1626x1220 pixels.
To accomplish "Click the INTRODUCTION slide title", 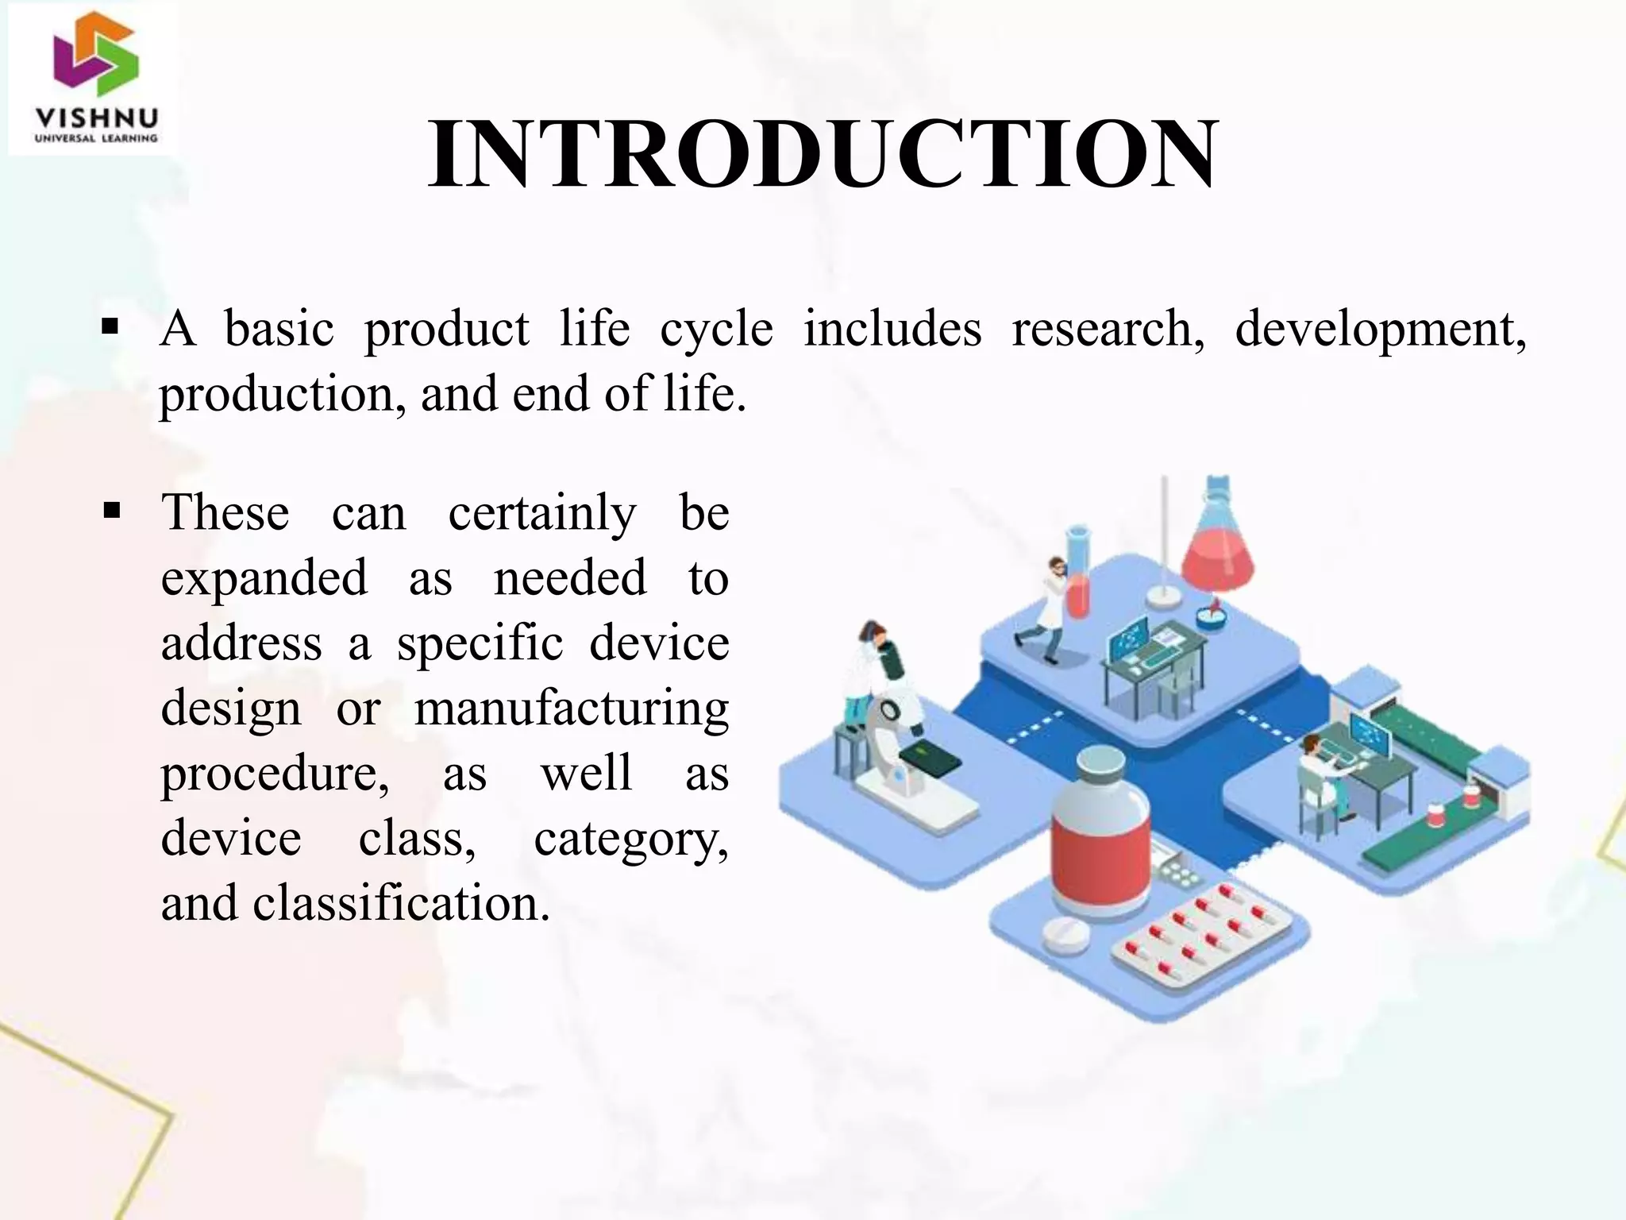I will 822,155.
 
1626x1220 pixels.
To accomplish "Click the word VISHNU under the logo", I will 96,119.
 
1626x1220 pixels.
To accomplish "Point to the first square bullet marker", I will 110,326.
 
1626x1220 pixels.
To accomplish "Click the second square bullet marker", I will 110,510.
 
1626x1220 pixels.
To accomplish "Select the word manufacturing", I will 572,708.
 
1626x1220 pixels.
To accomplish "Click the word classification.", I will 401,904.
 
